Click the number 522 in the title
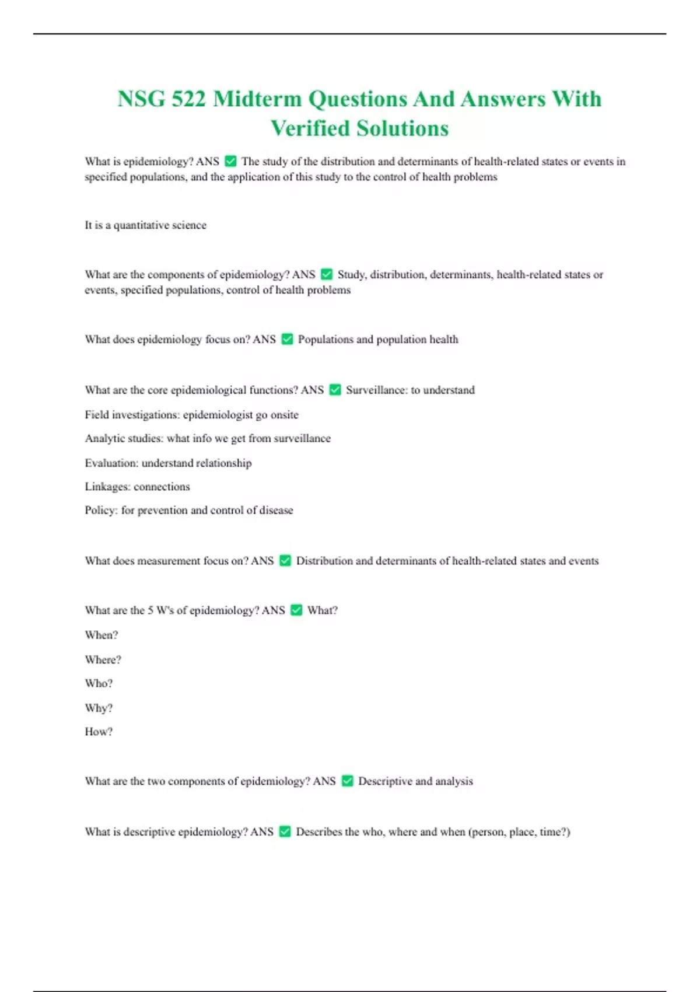pos(188,99)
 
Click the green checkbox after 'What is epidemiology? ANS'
pos(230,161)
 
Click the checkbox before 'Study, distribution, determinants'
pos(327,274)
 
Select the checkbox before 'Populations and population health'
pos(287,339)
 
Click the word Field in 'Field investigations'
pos(97,415)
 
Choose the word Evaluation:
pos(111,463)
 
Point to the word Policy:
pos(101,510)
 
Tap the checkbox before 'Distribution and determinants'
pos(285,561)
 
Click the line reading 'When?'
pos(101,635)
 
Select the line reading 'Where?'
pos(103,660)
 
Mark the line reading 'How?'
pos(99,732)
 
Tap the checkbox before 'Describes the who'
pos(285,832)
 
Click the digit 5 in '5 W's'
pos(150,610)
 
